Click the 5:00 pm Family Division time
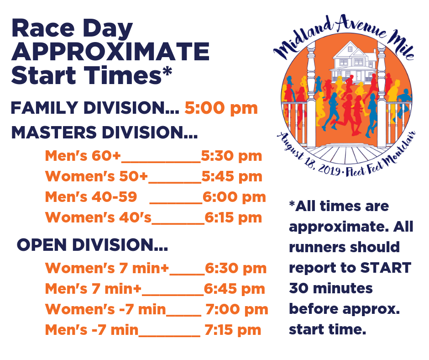tap(221, 108)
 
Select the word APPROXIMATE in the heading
tap(110, 52)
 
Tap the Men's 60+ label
tap(83, 156)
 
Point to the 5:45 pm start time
tap(232, 177)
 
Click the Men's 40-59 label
tap(91, 197)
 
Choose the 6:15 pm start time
tap(233, 218)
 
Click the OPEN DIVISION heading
tap(92, 245)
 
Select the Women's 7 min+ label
tap(107, 268)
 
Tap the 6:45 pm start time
tap(235, 289)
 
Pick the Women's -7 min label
tap(105, 309)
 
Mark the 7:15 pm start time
tap(233, 330)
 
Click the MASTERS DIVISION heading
tap(104, 132)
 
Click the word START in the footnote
tap(386, 268)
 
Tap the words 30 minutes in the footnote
tap(331, 288)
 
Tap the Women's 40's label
tap(98, 217)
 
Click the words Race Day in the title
tap(72, 29)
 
